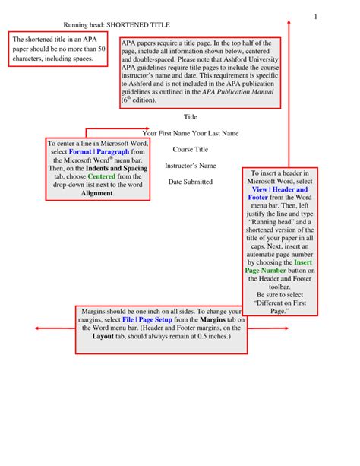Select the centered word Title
point(191,116)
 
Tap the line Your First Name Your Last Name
point(191,133)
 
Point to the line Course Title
point(190,149)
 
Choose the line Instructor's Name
point(191,166)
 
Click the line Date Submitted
point(191,182)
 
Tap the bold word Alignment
point(97,193)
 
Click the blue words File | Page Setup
point(147,321)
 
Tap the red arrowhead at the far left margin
point(34,328)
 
